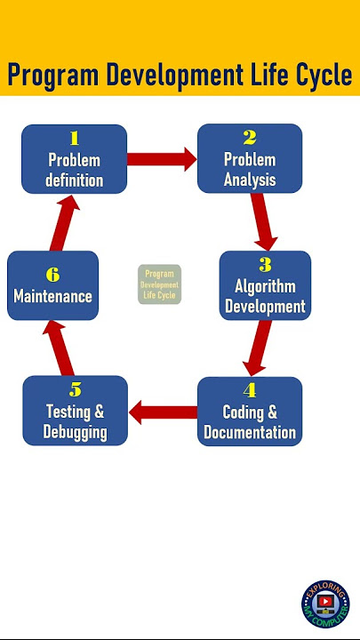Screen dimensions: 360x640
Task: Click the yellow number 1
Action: (74, 140)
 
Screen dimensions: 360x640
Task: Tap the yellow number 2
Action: (250, 139)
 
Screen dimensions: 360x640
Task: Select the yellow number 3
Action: (265, 265)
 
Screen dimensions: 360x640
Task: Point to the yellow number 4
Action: (250, 391)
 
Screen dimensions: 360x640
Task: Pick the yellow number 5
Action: (75, 390)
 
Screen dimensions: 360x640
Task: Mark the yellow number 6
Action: (52, 275)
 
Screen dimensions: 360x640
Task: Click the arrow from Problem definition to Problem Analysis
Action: (162, 159)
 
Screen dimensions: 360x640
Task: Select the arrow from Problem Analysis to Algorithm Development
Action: (263, 221)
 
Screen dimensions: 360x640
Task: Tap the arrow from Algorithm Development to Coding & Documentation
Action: (258, 348)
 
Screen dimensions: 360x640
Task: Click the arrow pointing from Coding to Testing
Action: (163, 412)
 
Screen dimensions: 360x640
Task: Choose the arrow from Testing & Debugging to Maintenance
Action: (59, 348)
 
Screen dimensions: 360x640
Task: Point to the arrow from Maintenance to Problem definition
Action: (65, 222)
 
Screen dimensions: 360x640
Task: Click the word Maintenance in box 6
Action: (52, 296)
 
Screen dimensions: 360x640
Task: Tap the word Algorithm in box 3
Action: (265, 286)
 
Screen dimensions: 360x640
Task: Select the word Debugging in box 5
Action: (75, 433)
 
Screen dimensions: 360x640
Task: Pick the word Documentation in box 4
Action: (250, 432)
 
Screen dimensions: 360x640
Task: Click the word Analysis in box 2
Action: (250, 180)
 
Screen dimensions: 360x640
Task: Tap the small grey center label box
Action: (159, 284)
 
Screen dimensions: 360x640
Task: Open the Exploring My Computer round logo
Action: (325, 604)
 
